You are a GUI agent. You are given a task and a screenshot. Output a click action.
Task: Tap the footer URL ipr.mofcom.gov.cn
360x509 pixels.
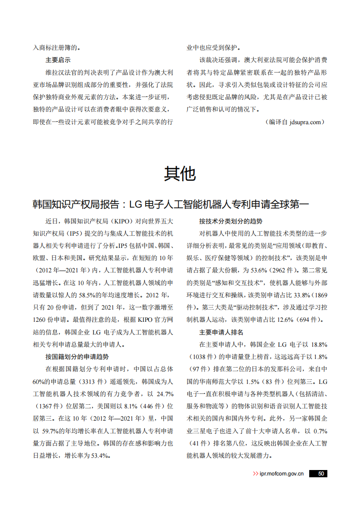click(x=281, y=474)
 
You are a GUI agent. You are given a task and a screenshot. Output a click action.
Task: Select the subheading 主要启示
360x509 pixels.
click(x=58, y=59)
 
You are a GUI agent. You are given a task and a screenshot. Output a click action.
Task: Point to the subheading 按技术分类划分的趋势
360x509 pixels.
click(x=230, y=222)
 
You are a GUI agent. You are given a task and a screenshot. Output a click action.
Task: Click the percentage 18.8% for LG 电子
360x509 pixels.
click(x=318, y=344)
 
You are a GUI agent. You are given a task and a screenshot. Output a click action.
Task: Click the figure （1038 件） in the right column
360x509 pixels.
click(x=201, y=357)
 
